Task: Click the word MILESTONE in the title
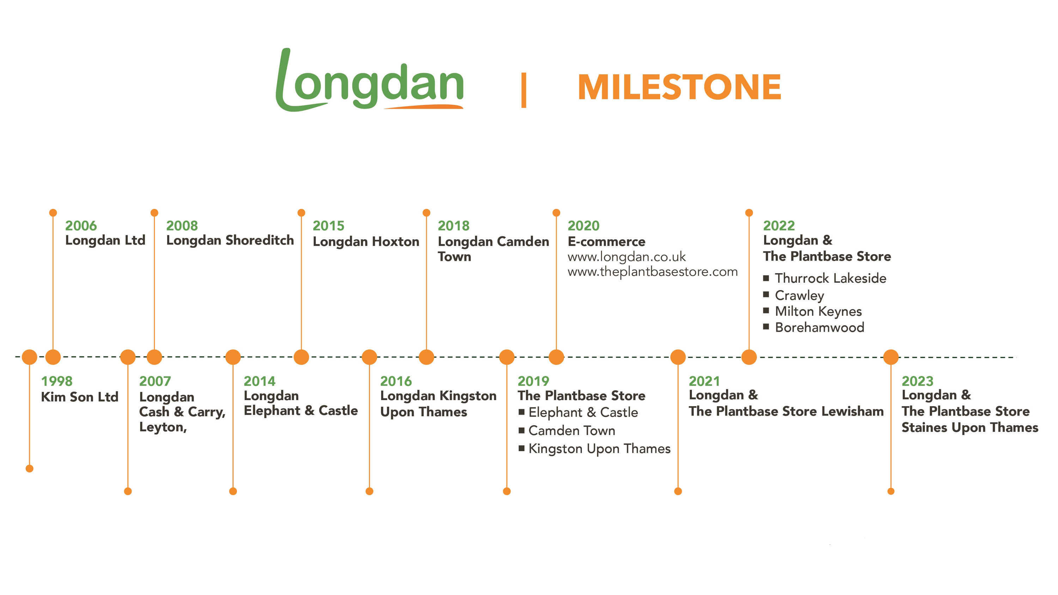click(679, 87)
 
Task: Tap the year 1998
click(57, 381)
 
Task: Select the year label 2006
click(81, 226)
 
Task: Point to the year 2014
click(260, 381)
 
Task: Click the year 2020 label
click(583, 226)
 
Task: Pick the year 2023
click(917, 381)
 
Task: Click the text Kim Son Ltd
click(80, 397)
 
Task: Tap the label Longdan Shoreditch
click(230, 240)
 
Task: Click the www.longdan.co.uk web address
click(626, 257)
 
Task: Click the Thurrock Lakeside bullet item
click(831, 278)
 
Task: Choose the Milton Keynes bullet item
click(818, 311)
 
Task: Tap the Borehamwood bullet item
click(819, 327)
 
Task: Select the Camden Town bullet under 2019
click(572, 430)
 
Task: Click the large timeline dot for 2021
click(678, 357)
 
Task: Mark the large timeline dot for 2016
click(369, 357)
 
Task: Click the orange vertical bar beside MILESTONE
click(524, 90)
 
